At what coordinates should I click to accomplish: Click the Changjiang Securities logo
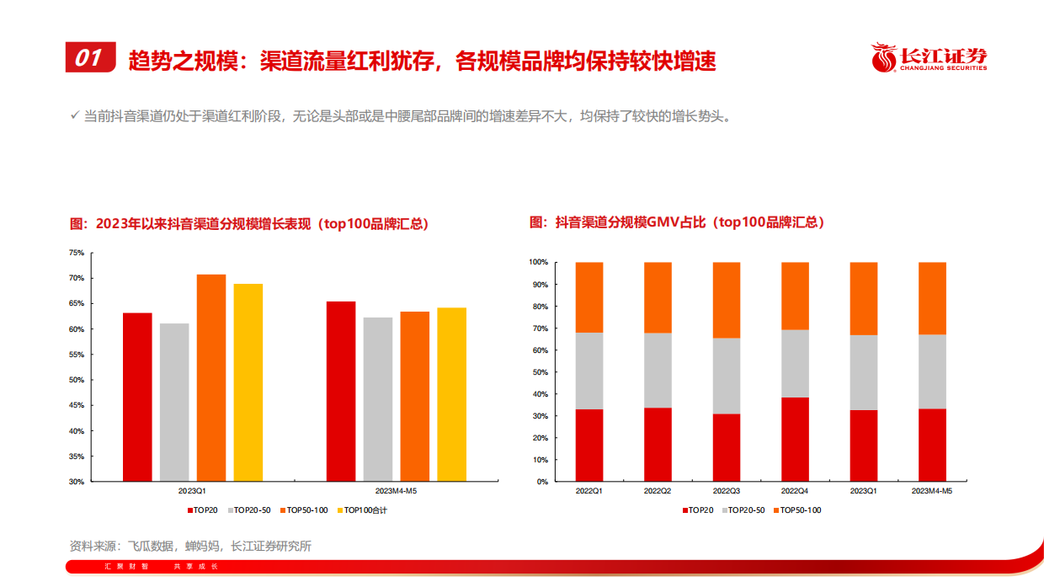click(x=929, y=57)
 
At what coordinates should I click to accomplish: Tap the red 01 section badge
click(x=90, y=57)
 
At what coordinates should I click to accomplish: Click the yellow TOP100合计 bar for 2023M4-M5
click(x=451, y=394)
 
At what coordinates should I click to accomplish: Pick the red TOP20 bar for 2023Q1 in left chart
click(x=137, y=397)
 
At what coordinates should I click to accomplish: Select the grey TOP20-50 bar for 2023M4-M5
click(x=378, y=399)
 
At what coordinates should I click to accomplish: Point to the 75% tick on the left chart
click(x=76, y=253)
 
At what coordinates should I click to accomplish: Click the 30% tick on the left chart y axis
click(x=76, y=482)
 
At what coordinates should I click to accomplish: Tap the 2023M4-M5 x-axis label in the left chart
click(x=396, y=490)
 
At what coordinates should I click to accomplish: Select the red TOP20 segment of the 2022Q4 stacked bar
click(x=795, y=440)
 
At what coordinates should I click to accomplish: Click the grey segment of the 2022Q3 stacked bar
click(x=727, y=376)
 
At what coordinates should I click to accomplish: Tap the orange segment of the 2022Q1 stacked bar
click(x=589, y=297)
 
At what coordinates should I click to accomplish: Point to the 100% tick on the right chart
click(x=538, y=263)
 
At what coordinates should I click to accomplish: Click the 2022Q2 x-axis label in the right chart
click(x=658, y=490)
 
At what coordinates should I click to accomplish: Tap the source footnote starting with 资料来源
click(x=190, y=546)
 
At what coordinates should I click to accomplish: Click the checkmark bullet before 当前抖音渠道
click(x=74, y=116)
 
